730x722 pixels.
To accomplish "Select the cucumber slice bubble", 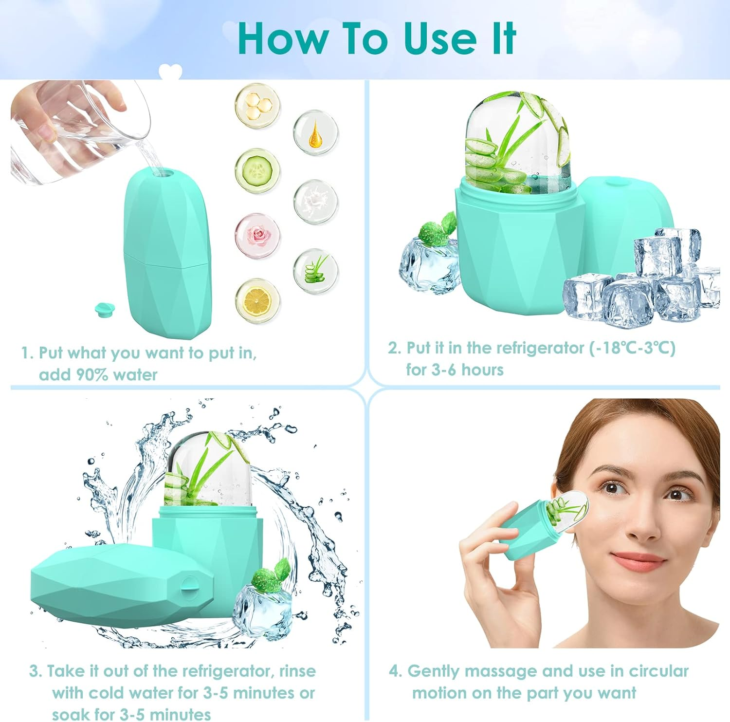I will (x=257, y=171).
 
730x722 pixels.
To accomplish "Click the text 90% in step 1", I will (x=92, y=375).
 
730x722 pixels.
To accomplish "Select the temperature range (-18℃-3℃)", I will (x=632, y=348).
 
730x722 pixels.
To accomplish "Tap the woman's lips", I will (x=638, y=559).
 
